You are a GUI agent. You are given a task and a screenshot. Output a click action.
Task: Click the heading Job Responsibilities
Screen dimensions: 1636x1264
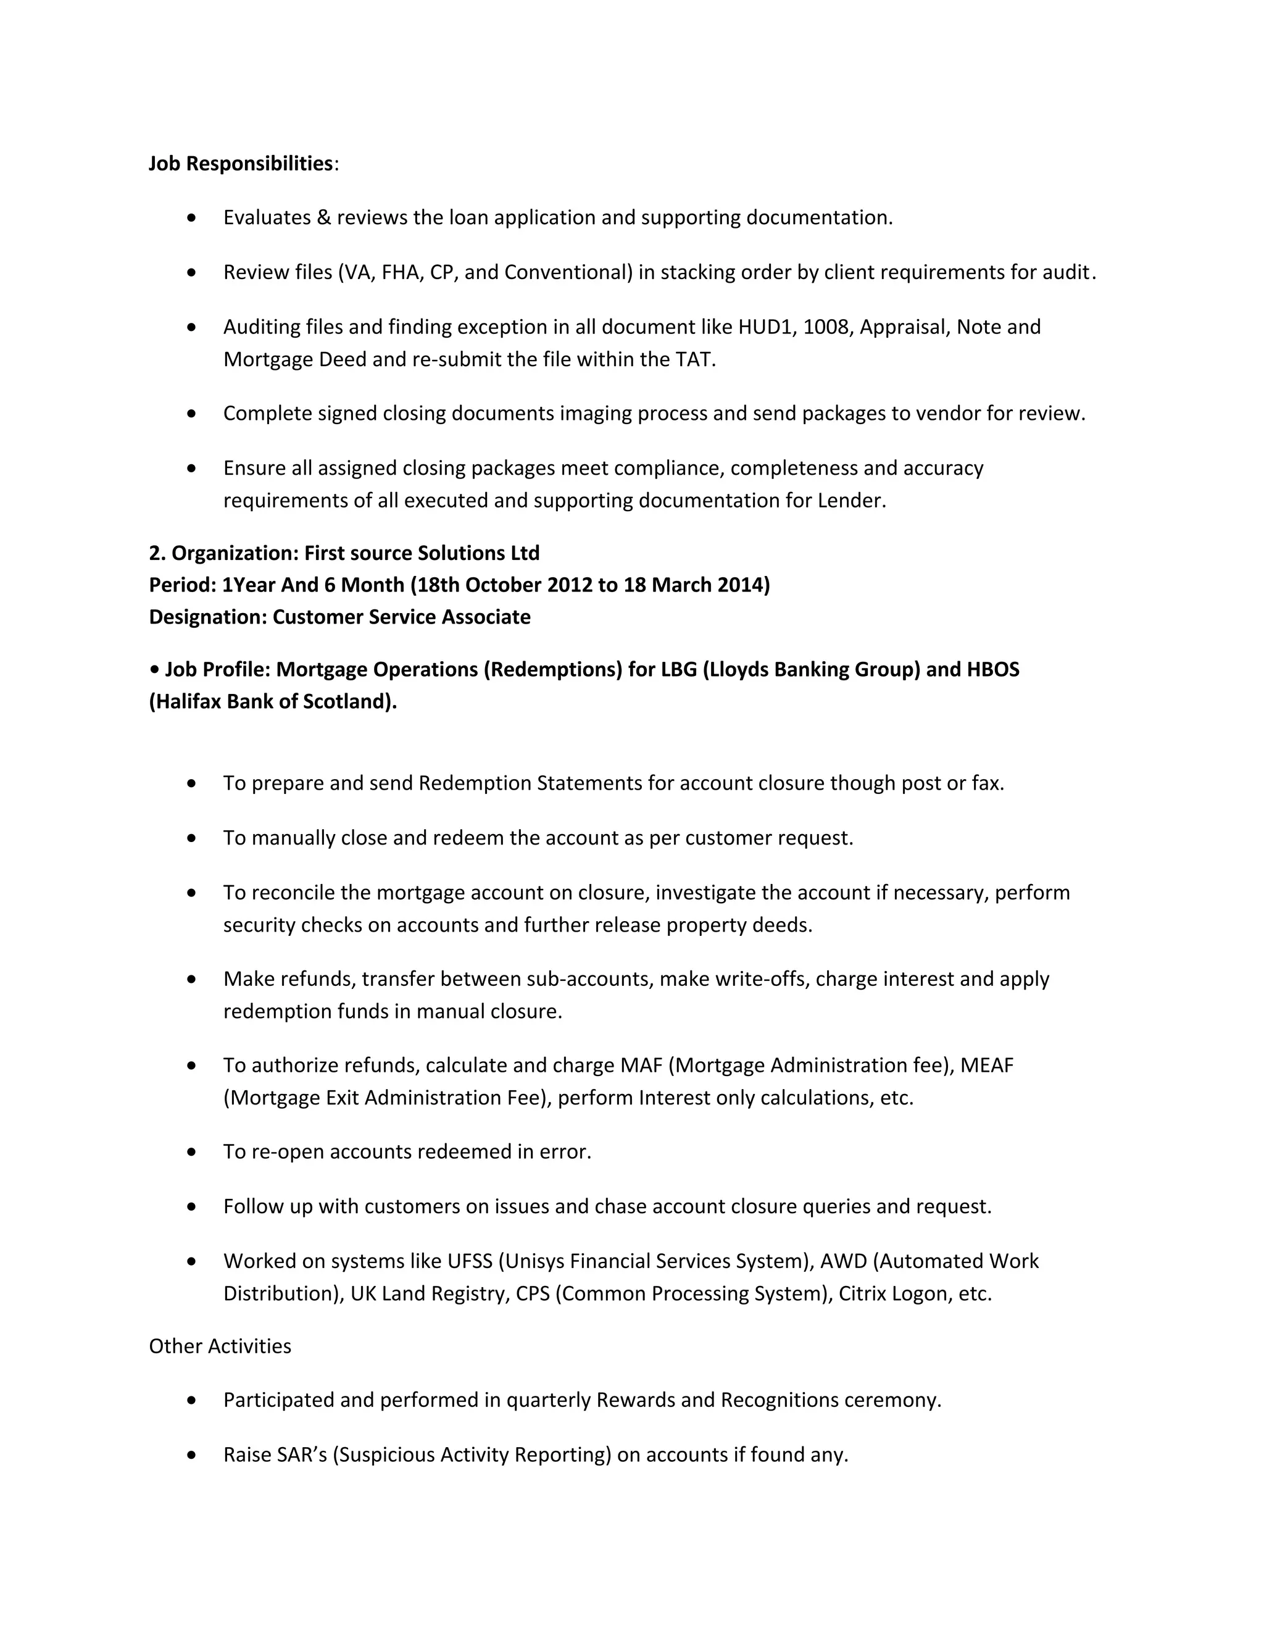(x=240, y=164)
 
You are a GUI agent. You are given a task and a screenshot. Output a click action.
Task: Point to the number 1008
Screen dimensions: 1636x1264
(x=825, y=327)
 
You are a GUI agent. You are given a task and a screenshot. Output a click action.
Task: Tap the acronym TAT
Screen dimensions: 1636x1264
(x=694, y=359)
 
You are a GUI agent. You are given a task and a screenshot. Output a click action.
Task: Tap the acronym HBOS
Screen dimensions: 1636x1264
(x=993, y=669)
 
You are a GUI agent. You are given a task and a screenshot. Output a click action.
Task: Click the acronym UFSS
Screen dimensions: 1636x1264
(x=470, y=1261)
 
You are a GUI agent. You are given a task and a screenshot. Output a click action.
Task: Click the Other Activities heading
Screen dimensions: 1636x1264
(x=220, y=1346)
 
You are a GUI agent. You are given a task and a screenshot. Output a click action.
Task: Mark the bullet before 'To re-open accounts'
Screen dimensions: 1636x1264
(x=193, y=1152)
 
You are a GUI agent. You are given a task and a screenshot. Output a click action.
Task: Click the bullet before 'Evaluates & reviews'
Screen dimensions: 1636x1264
(x=193, y=218)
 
